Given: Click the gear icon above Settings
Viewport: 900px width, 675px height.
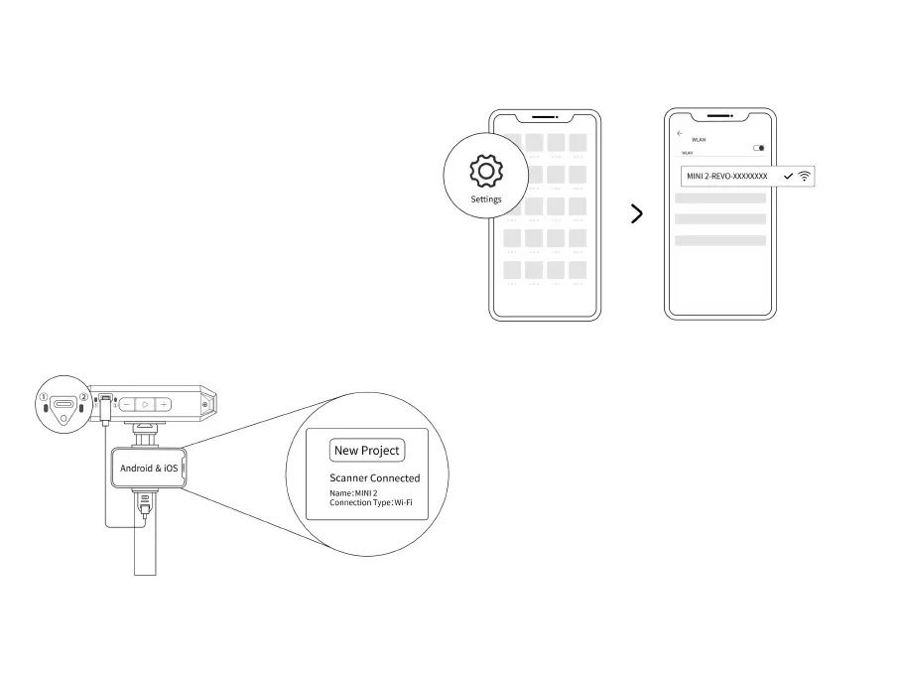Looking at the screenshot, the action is point(485,173).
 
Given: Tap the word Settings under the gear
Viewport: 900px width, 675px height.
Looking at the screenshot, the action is point(486,200).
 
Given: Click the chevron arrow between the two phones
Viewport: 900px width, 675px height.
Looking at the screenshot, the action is point(637,214).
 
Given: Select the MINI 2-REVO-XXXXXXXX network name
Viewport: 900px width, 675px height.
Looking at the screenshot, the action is point(726,176).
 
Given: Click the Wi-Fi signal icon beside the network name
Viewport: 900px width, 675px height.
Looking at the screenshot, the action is point(804,176).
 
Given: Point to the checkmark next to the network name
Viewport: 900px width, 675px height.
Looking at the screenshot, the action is point(788,176).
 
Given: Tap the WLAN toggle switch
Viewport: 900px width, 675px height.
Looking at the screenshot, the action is point(759,148).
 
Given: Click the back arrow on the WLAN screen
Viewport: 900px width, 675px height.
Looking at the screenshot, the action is point(680,133).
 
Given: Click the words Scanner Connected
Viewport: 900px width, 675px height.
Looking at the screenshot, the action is point(374,477).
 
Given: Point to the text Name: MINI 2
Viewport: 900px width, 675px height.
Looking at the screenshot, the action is point(353,493).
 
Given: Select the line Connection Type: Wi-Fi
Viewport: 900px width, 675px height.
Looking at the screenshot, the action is point(371,503).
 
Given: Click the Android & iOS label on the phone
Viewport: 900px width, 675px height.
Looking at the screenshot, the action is point(150,467).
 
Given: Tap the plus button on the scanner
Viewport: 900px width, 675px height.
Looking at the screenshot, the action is point(163,405).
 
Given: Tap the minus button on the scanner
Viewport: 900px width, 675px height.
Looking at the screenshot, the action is point(127,405).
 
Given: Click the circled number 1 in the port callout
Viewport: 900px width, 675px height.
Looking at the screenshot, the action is point(43,399).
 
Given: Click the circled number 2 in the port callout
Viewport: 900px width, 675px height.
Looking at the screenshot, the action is point(83,399).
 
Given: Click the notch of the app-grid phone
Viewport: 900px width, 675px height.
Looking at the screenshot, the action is point(545,114).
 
